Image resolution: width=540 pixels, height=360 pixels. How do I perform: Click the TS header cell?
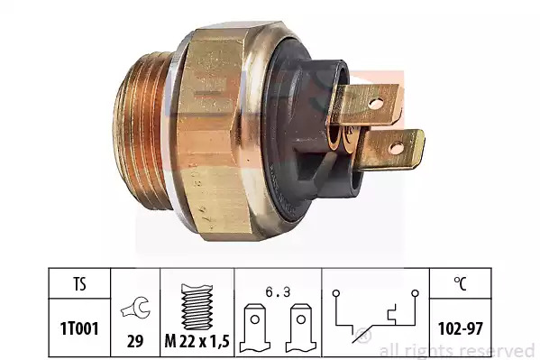coord(79,284)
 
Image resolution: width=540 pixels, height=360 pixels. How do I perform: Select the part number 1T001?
coord(79,328)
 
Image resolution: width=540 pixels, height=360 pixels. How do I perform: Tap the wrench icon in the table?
coord(136,308)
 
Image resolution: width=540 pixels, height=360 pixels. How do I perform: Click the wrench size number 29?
coord(135,341)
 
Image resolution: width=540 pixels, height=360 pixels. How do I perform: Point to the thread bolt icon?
coord(197,307)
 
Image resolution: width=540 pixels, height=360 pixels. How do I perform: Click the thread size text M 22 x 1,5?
coord(197,341)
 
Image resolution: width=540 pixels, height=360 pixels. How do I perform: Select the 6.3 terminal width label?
coord(278,292)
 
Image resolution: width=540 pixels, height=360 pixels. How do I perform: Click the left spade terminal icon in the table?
coord(255,328)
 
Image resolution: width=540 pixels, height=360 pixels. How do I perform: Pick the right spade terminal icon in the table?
coord(300,328)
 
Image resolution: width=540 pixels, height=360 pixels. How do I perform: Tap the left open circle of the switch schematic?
coord(336,293)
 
